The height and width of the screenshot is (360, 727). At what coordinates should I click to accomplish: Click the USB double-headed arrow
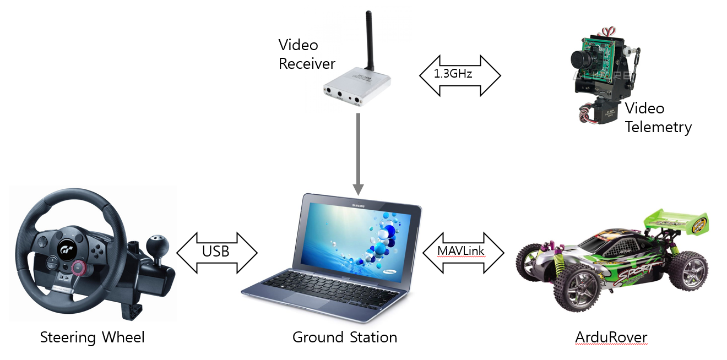tap(216, 252)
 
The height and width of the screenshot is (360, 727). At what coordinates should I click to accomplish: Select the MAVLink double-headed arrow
tap(463, 252)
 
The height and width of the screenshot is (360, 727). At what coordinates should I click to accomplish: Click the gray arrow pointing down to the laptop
tap(358, 154)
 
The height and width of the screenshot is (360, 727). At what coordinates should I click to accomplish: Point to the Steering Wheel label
tap(93, 337)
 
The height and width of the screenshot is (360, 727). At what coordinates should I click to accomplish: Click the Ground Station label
tap(345, 337)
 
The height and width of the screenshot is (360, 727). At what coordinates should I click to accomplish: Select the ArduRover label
tap(611, 337)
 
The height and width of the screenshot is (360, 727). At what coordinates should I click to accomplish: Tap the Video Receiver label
tap(306, 54)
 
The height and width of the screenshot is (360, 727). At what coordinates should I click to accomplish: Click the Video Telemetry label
tap(658, 117)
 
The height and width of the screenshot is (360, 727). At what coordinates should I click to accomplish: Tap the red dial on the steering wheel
tap(77, 267)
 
